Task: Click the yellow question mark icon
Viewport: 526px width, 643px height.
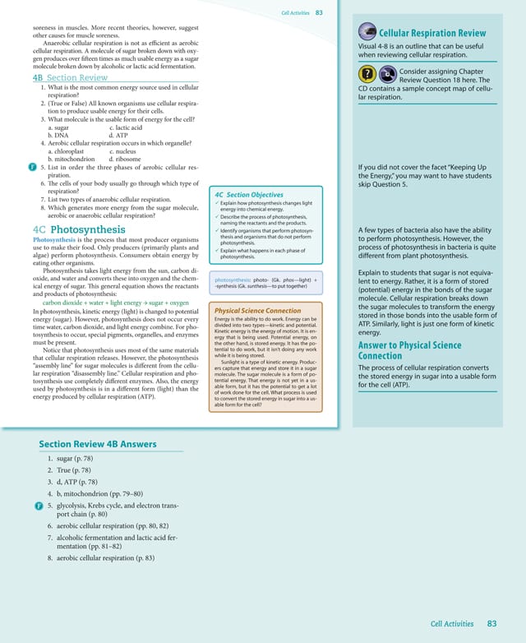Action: [x=368, y=73]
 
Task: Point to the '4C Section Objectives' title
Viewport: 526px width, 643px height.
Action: [x=248, y=195]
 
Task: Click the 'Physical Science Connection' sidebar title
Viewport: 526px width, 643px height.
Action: [x=256, y=311]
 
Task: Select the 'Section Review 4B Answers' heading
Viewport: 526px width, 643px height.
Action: [x=97, y=444]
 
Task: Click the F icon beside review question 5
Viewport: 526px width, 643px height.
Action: [x=30, y=168]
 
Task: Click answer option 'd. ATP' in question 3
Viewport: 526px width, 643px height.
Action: [x=118, y=135]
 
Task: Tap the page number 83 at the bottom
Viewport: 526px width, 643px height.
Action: [x=492, y=624]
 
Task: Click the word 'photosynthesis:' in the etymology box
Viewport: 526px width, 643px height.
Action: [x=233, y=280]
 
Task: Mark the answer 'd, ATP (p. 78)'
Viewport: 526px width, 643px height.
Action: [x=85, y=483]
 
